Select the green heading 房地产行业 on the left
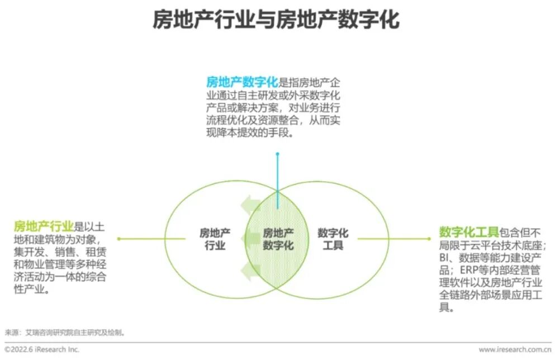click(44, 226)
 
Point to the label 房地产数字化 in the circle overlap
click(278, 239)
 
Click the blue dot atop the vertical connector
click(277, 154)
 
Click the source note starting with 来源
click(64, 332)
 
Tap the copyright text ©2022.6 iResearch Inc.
click(42, 349)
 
